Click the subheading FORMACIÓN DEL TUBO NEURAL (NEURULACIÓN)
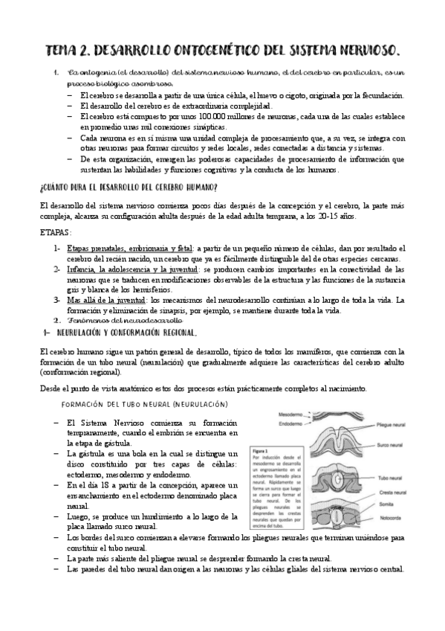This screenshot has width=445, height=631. coord(144,404)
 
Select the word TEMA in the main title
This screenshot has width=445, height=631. coord(65,50)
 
